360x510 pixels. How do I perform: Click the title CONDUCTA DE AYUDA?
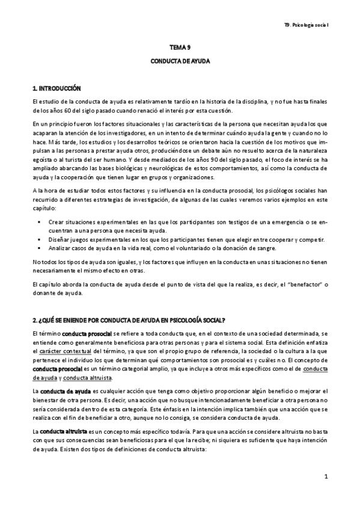tap(180, 61)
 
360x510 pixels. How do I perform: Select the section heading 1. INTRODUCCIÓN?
tap(57, 88)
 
